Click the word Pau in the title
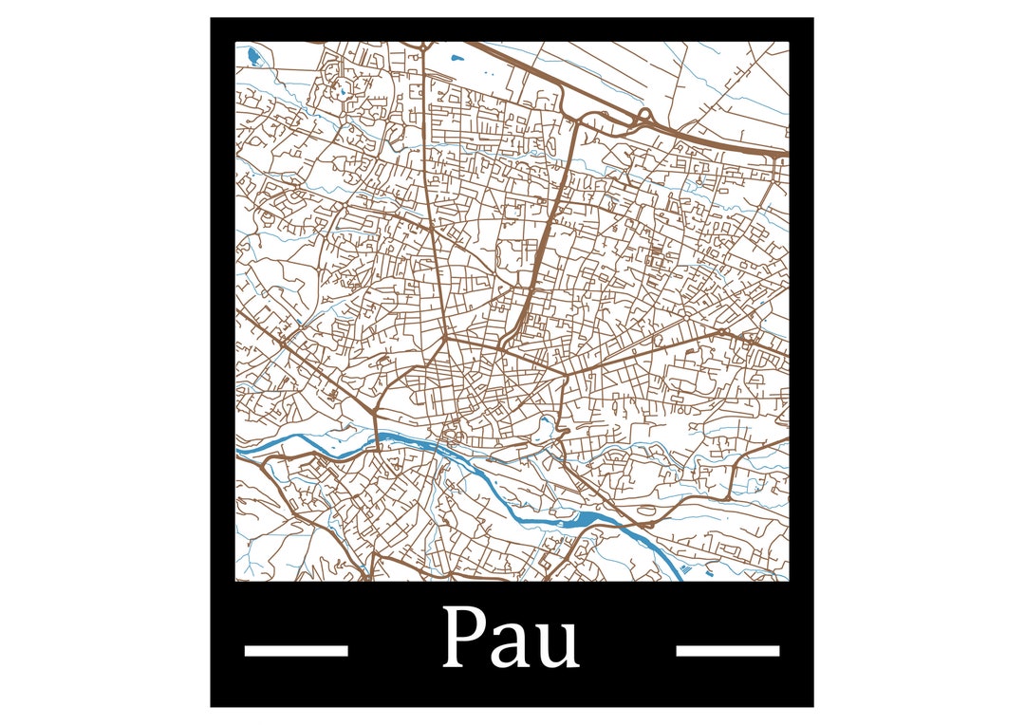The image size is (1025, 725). (x=511, y=638)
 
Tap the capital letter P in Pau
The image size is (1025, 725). (x=465, y=638)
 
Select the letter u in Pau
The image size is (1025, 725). (x=557, y=644)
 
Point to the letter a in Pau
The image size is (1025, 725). (x=512, y=644)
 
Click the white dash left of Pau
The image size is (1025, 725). (x=296, y=650)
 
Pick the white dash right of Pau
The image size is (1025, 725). (x=727, y=650)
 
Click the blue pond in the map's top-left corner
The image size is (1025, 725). (x=252, y=57)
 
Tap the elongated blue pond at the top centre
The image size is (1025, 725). (x=458, y=59)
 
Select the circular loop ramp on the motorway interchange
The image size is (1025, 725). (x=645, y=117)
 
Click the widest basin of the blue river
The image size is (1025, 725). (x=579, y=519)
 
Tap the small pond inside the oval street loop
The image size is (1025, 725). (x=546, y=424)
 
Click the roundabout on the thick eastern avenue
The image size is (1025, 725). (x=720, y=333)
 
